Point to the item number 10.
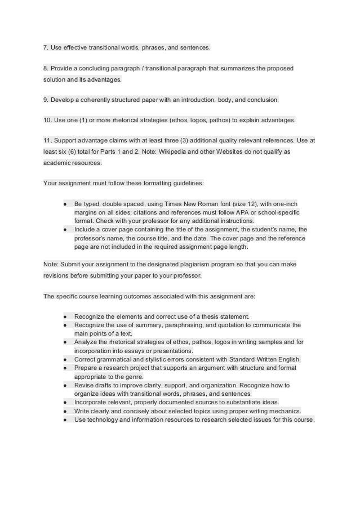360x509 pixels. point(47,121)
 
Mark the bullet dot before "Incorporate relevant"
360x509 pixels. point(66,402)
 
